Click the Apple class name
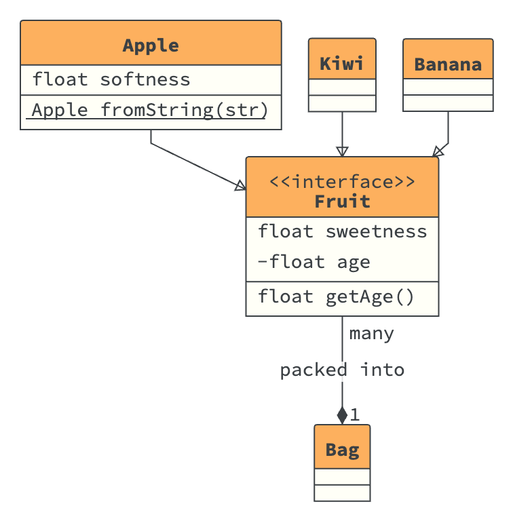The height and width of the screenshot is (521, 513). point(151,45)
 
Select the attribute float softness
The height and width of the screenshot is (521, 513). point(111,79)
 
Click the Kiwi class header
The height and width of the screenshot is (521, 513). point(342,64)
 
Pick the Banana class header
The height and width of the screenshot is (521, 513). point(448,64)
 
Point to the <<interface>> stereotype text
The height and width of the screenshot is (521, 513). point(342,182)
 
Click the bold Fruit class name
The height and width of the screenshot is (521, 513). point(342,201)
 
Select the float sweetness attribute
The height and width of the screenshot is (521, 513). point(342,231)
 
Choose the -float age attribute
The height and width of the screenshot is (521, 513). point(313,262)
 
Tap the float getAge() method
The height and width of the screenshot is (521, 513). point(336,296)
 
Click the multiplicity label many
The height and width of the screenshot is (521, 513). point(371,334)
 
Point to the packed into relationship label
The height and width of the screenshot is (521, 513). point(342,370)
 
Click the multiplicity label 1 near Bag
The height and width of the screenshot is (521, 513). point(355,414)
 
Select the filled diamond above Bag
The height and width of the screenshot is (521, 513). point(342,415)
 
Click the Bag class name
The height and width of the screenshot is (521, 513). point(342,450)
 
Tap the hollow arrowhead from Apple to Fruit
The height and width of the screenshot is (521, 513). point(240,185)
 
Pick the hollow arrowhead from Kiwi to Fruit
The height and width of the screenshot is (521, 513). point(342,151)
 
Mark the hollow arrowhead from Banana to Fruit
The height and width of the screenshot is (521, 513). point(438,151)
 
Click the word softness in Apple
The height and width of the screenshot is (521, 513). point(145,79)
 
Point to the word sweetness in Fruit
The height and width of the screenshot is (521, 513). point(377,231)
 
